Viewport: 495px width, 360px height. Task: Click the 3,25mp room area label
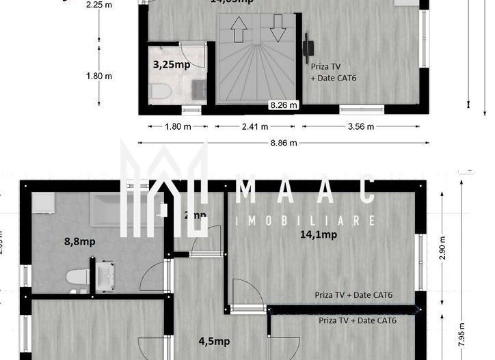[x=171, y=65]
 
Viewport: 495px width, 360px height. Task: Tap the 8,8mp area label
[x=80, y=240]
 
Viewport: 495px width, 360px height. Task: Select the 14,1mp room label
[x=319, y=234]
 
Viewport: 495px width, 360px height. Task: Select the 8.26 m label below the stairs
[x=284, y=105]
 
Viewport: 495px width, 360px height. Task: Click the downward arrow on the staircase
[x=278, y=29]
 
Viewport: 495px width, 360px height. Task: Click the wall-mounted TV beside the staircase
[x=308, y=48]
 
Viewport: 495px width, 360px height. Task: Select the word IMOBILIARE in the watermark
[x=305, y=221]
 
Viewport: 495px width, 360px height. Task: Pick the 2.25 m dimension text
[x=99, y=5]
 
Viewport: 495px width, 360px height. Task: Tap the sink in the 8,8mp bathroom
[x=106, y=277]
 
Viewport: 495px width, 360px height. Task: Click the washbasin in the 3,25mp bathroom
[x=198, y=88]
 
